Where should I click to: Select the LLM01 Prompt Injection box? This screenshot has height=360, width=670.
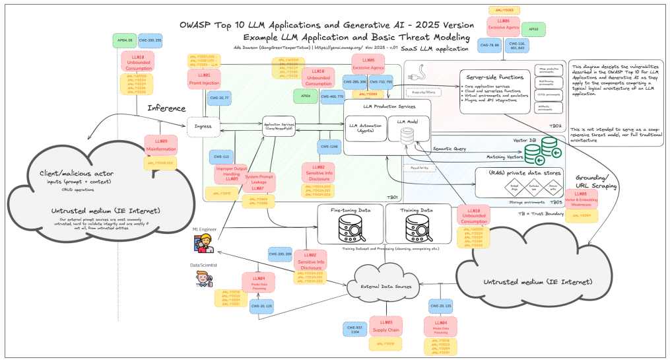[x=204, y=80]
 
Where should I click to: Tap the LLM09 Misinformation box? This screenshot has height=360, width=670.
[x=160, y=145]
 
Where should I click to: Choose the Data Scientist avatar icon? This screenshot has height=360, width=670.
[x=202, y=279]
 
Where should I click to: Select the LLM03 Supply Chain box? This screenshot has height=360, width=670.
[x=385, y=325]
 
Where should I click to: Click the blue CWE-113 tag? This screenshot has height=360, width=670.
[x=221, y=157]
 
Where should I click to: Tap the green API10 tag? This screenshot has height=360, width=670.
[x=533, y=30]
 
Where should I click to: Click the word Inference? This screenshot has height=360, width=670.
[x=166, y=108]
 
